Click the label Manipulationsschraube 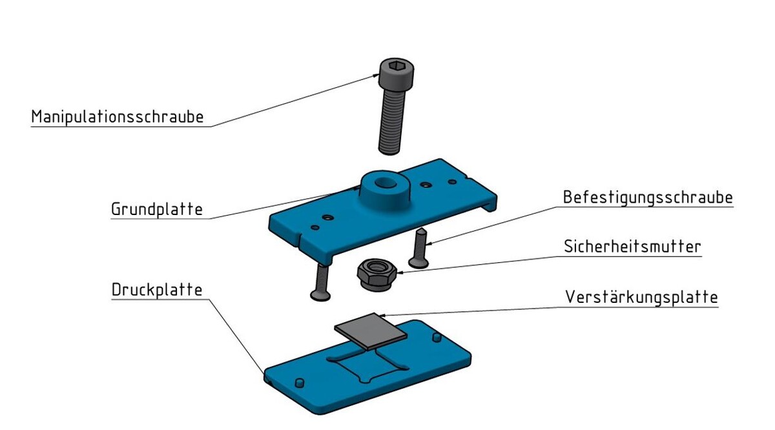coord(118,117)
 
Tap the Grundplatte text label coord(157,209)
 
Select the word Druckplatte coord(157,289)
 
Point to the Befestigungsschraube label coord(648,197)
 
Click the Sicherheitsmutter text coord(632,246)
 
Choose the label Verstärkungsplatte coord(641,297)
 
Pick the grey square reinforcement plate coord(370,330)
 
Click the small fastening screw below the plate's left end coord(320,282)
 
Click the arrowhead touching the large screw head coord(377,74)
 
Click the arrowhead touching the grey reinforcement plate coord(384,315)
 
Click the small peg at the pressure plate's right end coord(437,338)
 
